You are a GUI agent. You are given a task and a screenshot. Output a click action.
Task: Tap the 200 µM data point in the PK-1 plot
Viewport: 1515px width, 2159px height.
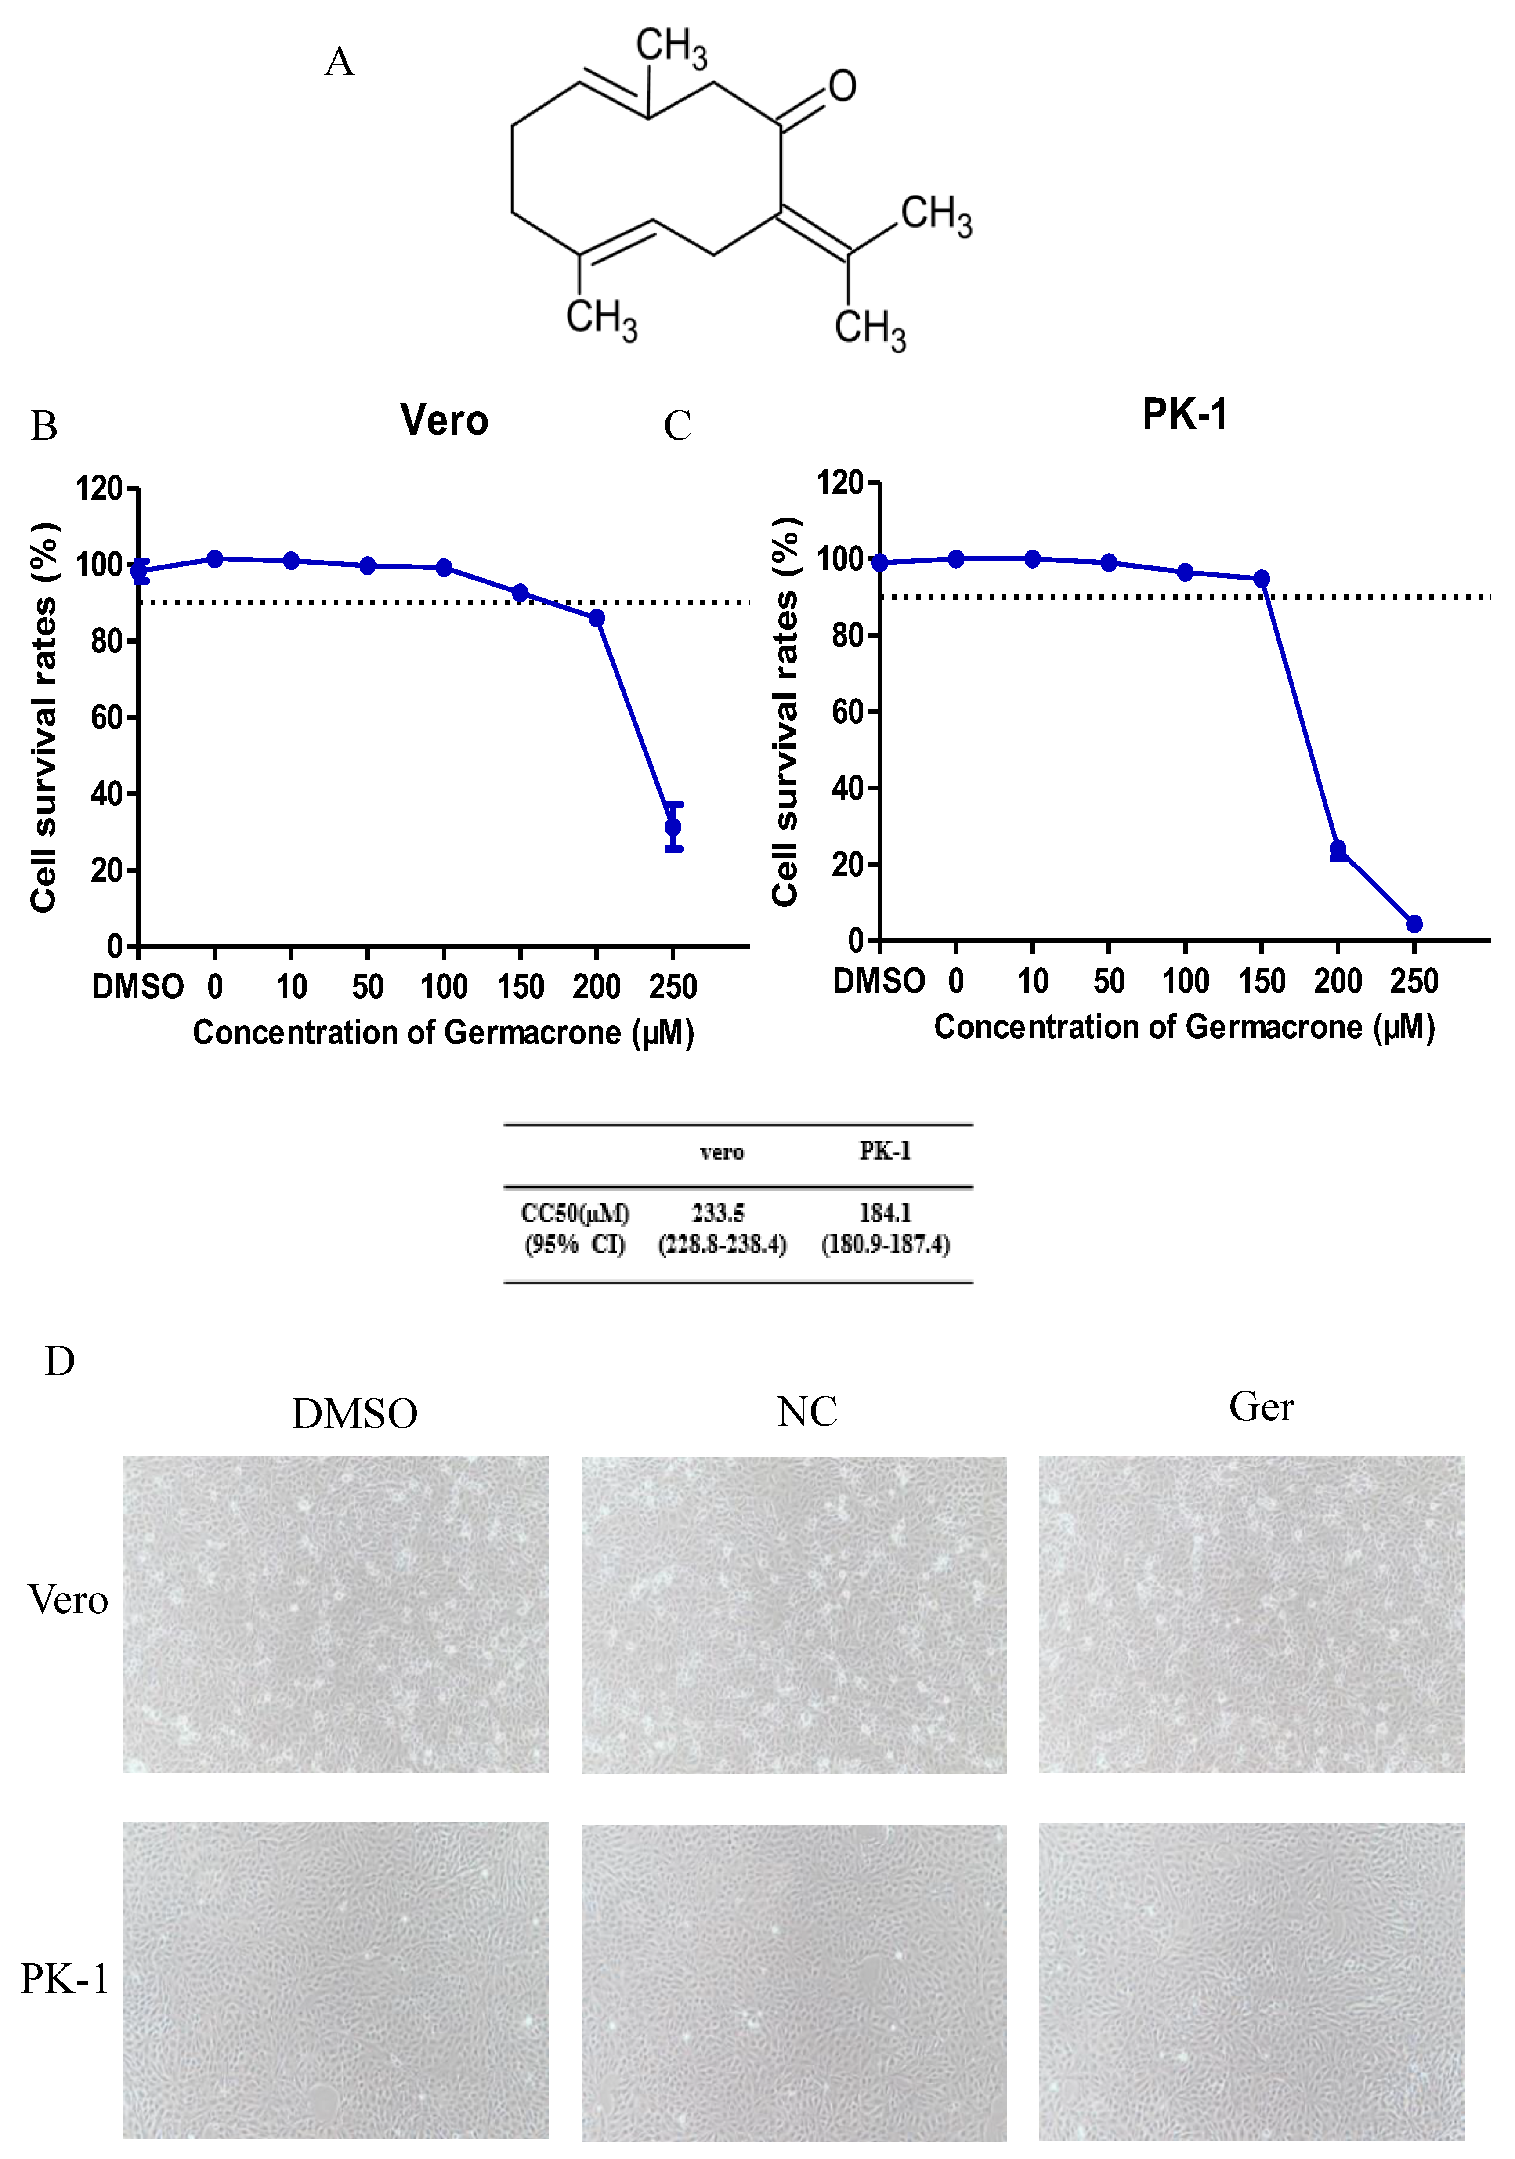tap(1337, 849)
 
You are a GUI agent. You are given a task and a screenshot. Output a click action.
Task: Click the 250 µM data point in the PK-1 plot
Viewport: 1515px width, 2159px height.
tap(1414, 924)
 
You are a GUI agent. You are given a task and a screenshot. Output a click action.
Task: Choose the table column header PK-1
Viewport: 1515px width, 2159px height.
tap(885, 1151)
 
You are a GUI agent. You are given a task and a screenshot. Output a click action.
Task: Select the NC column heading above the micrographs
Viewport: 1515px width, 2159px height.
tap(807, 1412)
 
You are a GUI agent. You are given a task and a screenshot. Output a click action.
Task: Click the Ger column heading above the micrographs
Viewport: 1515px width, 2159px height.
tap(1261, 1407)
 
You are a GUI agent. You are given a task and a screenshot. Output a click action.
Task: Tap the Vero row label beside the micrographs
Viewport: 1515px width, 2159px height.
tap(68, 1600)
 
